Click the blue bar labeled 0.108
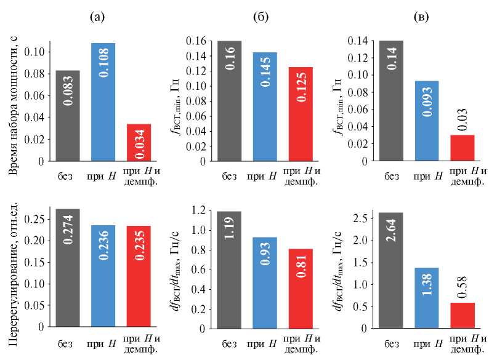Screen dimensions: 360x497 click(103, 102)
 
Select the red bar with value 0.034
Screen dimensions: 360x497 click(138, 142)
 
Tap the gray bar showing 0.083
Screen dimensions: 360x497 click(67, 115)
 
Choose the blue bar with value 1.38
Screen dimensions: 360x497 click(427, 296)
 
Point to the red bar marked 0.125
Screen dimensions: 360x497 click(301, 114)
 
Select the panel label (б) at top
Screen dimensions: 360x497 click(261, 17)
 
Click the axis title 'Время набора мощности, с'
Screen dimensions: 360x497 click(13, 101)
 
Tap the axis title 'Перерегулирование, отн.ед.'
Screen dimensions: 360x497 click(13, 267)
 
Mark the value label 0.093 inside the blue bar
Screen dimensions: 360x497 click(427, 113)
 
